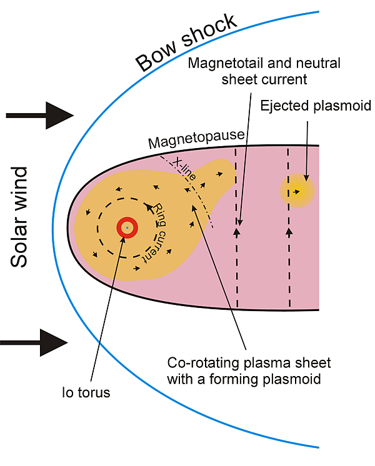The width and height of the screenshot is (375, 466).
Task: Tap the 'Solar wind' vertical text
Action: pos(21,217)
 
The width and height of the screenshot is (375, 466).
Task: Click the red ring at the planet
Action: pos(127,229)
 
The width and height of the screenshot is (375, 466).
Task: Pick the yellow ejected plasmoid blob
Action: pos(296,191)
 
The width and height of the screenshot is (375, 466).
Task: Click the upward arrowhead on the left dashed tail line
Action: pos(237,232)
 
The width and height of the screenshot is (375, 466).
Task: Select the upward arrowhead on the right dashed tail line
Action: pos(289,232)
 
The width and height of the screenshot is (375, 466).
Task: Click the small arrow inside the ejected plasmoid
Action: pos(297,191)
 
